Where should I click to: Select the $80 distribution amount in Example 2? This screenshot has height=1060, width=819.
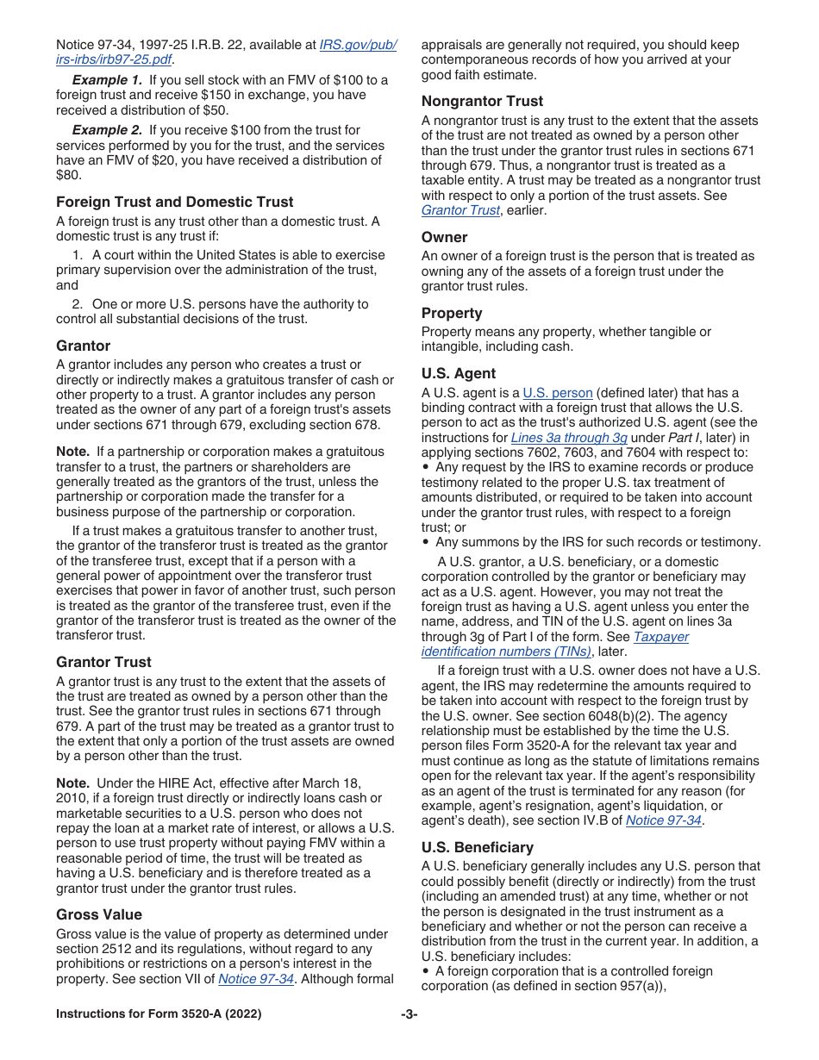[68, 176]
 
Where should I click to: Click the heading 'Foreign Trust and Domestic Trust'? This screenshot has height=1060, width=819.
[174, 202]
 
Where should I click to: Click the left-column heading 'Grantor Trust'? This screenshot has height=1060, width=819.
[103, 662]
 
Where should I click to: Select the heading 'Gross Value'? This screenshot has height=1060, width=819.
[99, 914]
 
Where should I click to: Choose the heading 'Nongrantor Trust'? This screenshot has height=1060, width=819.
[482, 101]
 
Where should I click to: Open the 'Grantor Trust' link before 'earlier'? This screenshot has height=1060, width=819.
[460, 210]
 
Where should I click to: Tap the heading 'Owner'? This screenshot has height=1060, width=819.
[444, 237]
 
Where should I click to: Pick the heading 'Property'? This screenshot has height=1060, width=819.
[452, 313]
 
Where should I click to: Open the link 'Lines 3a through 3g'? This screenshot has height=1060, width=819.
[569, 438]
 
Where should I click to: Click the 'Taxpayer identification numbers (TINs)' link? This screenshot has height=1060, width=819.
[555, 645]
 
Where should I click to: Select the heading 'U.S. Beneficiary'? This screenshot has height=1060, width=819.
[477, 847]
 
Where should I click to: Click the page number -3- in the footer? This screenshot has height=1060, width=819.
[409, 1014]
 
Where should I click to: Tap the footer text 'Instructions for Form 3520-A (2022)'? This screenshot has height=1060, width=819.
[159, 1014]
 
